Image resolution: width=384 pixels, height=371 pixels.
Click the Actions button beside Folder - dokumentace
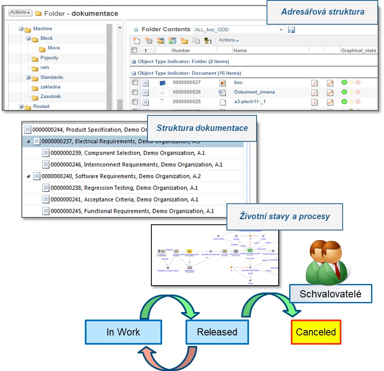(x=20, y=13)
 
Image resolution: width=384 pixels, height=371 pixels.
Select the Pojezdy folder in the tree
(x=49, y=58)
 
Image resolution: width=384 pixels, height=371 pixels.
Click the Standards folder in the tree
(x=51, y=77)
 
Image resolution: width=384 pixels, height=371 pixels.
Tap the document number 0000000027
(x=187, y=82)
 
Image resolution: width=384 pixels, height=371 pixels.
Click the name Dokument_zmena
(x=254, y=92)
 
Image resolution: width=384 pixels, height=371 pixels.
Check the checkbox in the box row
(x=135, y=82)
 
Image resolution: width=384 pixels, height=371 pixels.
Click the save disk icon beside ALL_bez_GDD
(x=291, y=30)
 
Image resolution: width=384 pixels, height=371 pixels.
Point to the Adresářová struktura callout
(x=322, y=11)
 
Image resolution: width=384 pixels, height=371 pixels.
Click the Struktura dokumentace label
(x=202, y=128)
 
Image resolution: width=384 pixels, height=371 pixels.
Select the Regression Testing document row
(x=124, y=188)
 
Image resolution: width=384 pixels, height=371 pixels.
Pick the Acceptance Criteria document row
(x=124, y=200)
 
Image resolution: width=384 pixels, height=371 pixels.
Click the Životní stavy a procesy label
(x=285, y=216)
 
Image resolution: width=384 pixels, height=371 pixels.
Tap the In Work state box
(x=123, y=332)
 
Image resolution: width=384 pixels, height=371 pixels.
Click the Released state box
(x=217, y=332)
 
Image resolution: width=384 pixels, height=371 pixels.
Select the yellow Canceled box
(x=315, y=332)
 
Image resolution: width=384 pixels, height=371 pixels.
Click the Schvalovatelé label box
(x=330, y=294)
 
